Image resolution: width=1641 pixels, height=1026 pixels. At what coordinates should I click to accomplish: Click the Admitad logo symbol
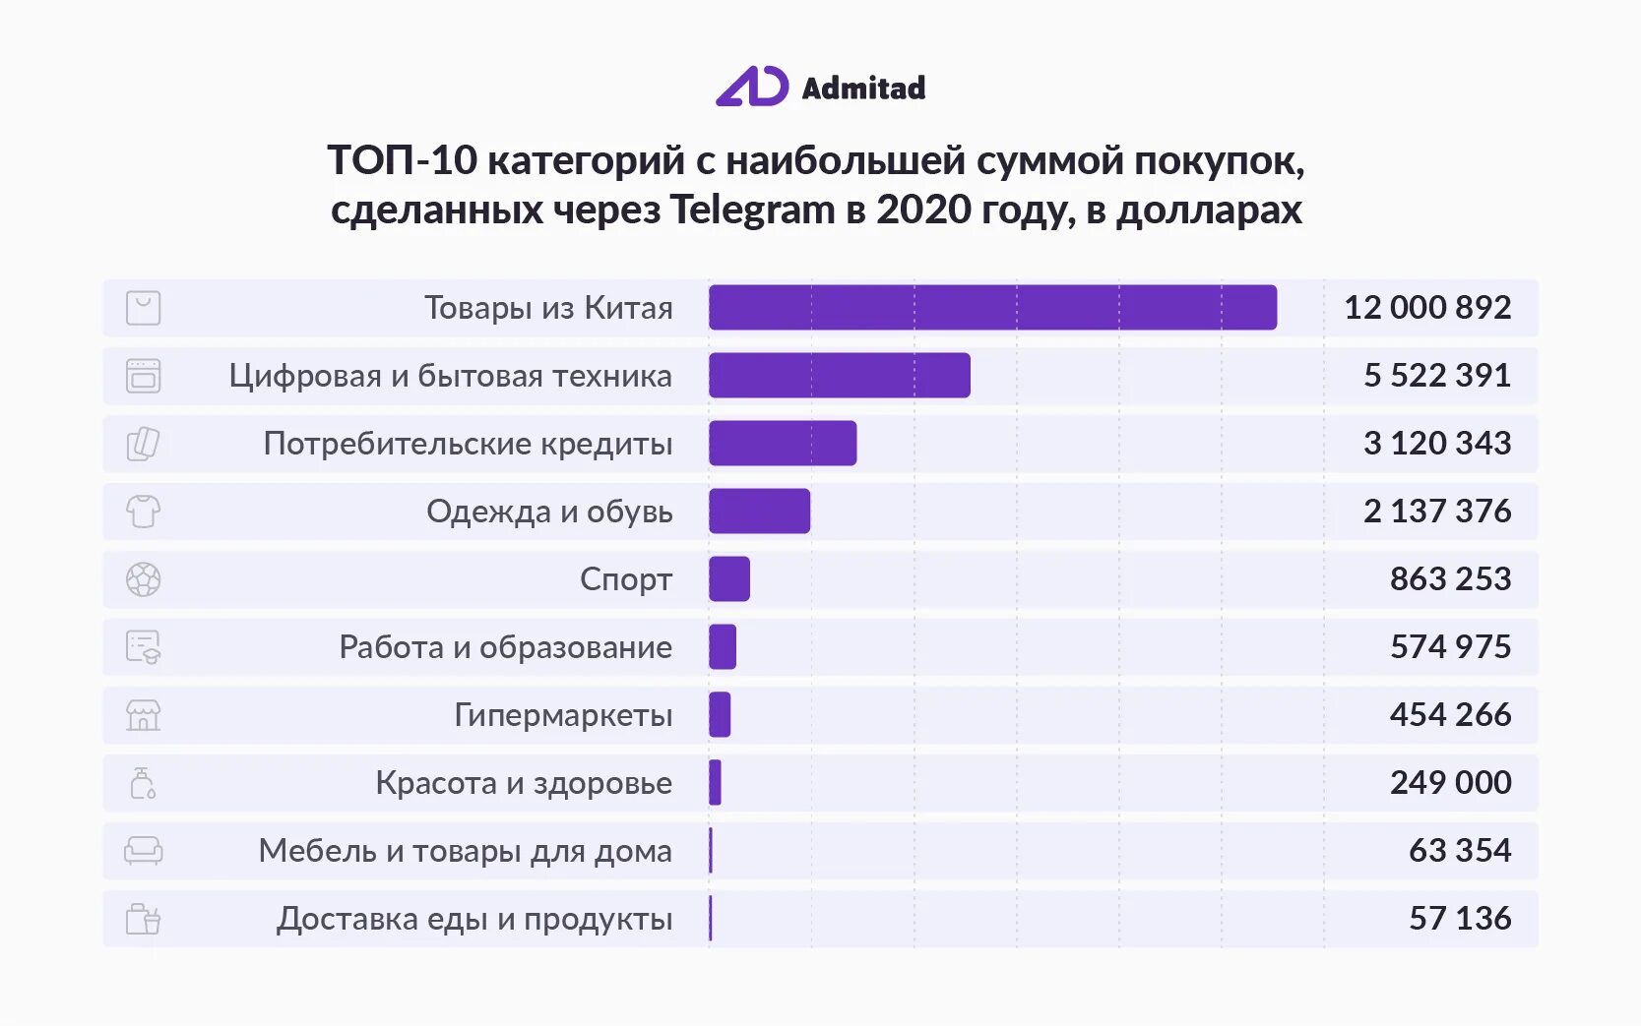pos(752,87)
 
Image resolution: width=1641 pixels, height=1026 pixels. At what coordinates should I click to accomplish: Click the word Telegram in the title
pos(752,210)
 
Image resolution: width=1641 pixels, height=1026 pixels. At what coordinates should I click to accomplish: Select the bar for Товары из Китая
pos(992,307)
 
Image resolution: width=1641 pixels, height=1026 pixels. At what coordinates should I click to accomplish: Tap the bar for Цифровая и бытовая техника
pos(839,375)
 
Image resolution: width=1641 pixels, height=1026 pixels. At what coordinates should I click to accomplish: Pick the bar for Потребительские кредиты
pos(783,443)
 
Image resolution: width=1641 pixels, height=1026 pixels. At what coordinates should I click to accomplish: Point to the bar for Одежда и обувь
pos(759,511)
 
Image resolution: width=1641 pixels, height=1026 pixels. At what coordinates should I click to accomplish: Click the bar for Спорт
pos(729,578)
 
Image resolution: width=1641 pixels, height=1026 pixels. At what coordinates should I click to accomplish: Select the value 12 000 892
pos(1426,307)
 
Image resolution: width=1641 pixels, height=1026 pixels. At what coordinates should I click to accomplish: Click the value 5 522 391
pos(1436,375)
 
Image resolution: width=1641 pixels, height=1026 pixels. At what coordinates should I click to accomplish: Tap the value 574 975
pos(1450,646)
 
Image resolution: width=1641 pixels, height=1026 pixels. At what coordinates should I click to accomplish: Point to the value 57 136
pos(1459,918)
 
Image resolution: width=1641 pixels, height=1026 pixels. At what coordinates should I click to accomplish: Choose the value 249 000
pos(1450,782)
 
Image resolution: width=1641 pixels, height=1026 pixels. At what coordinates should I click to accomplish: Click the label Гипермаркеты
pos(563,714)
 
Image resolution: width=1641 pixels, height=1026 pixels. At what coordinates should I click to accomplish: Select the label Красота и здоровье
pos(524,782)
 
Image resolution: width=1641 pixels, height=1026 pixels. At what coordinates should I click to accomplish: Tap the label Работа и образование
pos(505,646)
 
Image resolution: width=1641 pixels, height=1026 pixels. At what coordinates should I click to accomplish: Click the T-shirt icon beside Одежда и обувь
pos(143,511)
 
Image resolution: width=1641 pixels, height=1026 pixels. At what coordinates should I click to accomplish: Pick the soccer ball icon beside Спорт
pos(143,578)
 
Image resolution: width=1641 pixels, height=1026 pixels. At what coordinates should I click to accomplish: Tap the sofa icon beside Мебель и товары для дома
pos(143,850)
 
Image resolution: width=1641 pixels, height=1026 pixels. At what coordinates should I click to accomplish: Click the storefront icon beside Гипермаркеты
pos(143,714)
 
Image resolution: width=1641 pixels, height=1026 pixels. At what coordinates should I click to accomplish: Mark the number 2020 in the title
pos(916,210)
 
